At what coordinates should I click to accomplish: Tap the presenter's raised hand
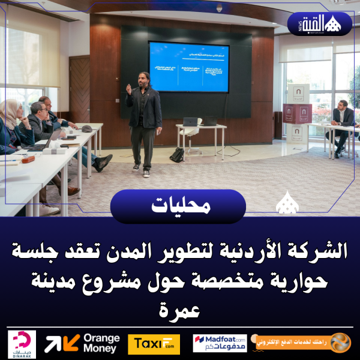click(128, 88)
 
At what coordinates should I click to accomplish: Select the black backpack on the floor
click(177, 154)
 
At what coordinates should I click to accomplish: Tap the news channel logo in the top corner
click(324, 24)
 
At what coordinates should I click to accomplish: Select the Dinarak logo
click(22, 343)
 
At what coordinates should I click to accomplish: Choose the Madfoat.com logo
click(220, 343)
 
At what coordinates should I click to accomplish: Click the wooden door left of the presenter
click(80, 90)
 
